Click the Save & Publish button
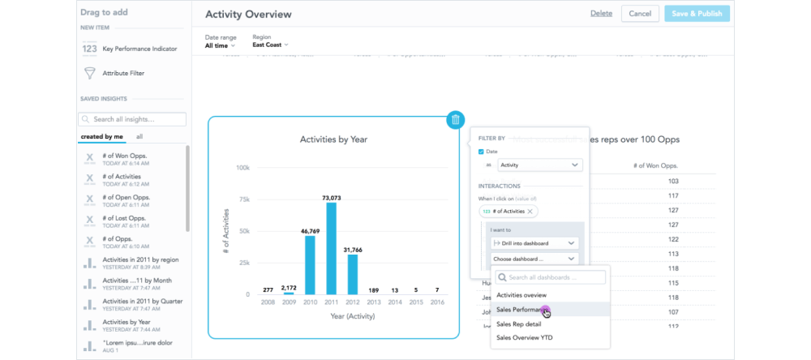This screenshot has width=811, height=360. [697, 14]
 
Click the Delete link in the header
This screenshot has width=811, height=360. [601, 14]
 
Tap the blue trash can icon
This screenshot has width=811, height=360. [455, 120]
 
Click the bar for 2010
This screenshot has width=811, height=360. [310, 264]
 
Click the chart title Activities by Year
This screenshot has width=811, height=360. [333, 139]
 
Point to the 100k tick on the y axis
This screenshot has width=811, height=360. [242, 168]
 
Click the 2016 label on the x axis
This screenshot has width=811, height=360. [437, 302]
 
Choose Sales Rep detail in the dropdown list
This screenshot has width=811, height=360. [519, 324]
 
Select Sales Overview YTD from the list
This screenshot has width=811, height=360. [524, 337]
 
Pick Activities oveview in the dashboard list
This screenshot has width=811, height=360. [521, 295]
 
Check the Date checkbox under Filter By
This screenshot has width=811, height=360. [482, 152]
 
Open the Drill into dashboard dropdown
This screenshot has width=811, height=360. [534, 243]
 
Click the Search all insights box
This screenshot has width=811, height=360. [133, 119]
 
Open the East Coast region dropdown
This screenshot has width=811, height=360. [270, 45]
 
